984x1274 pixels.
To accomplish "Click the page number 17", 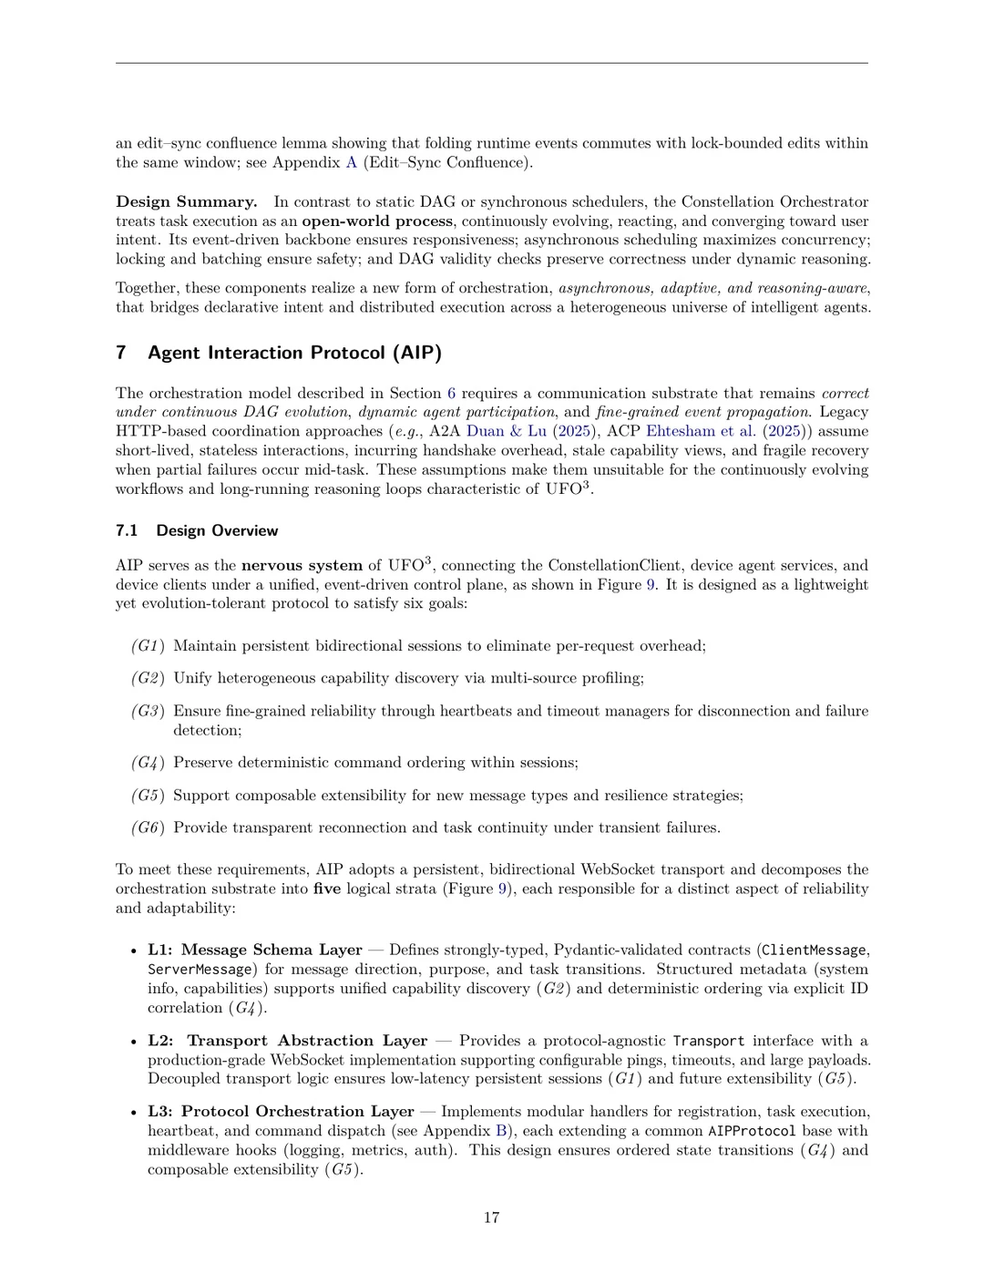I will (491, 1217).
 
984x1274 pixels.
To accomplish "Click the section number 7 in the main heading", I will (121, 353).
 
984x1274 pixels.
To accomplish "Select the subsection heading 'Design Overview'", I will (217, 530).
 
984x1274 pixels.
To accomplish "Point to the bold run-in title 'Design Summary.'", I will (186, 201).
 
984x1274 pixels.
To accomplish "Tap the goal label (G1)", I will (148, 646).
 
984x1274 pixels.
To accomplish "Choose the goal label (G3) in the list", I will (148, 711).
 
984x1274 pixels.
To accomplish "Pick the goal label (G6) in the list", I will (148, 827).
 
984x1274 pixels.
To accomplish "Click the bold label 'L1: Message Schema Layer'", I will (255, 950).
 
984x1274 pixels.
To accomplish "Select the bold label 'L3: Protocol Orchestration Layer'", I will (281, 1111).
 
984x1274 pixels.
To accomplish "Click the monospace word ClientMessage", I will (814, 950).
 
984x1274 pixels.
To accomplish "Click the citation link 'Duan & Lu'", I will (506, 431).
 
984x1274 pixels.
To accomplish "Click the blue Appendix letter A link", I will (351, 162).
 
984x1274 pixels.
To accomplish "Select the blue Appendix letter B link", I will (499, 1131).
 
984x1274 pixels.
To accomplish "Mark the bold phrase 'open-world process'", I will (377, 221).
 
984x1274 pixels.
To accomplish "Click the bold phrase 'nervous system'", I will (302, 565).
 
